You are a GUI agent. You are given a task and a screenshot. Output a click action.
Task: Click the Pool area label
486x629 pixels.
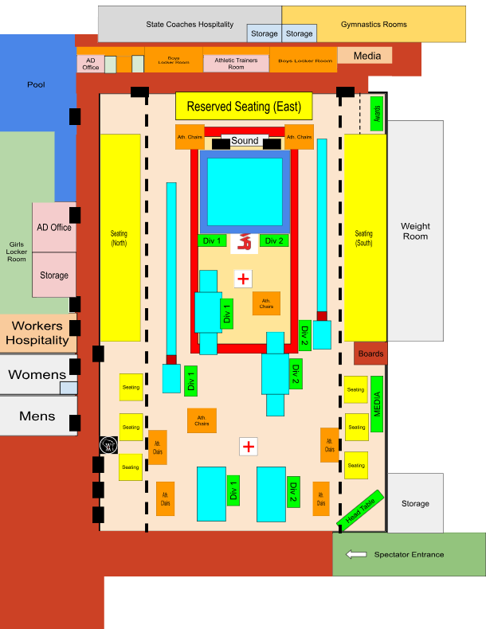(36, 84)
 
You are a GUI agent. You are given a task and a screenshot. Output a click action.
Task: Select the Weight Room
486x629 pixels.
(414, 231)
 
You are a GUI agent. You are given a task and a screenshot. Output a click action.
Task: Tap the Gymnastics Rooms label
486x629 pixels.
(374, 25)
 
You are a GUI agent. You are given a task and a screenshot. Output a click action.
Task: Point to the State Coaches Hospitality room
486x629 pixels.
(190, 25)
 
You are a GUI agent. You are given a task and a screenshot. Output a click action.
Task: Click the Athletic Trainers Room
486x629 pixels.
(236, 63)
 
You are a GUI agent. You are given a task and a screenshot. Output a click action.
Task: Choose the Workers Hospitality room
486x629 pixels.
(37, 333)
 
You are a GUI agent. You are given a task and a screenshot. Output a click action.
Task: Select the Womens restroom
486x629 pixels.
(37, 375)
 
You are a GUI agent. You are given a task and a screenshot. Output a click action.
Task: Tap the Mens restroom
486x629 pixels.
(37, 415)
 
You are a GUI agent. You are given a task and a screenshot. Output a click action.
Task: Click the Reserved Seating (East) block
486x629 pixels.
(244, 107)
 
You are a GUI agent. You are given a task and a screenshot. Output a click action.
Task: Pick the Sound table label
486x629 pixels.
(245, 141)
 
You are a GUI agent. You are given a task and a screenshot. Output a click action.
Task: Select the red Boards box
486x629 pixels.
(370, 354)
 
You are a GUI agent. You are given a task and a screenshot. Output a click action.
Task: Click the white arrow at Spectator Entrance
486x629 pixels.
(355, 554)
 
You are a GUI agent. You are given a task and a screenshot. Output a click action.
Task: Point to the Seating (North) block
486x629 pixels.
(120, 237)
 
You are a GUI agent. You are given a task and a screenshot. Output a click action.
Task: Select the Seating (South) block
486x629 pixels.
(363, 237)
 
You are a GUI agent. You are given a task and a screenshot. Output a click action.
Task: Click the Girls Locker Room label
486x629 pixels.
(17, 252)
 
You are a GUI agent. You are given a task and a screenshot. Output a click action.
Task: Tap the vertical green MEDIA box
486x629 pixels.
(378, 404)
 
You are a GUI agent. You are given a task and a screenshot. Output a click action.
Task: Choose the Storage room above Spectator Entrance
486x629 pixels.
(414, 503)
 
